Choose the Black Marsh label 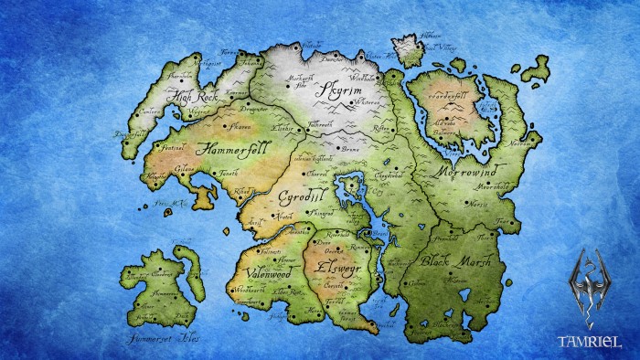point(456,261)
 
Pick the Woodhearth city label point(248,290)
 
